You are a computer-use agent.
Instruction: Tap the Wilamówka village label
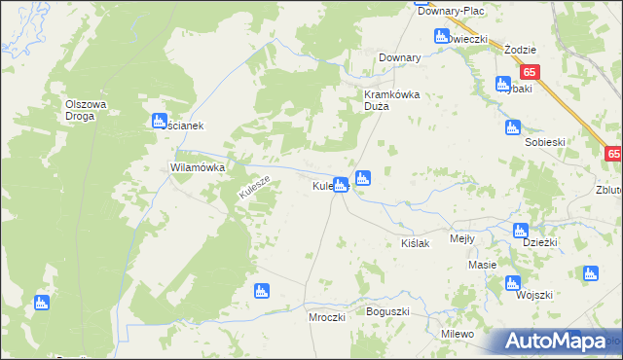pyautogui.click(x=198, y=167)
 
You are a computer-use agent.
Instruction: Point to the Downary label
pyautogui.click(x=399, y=58)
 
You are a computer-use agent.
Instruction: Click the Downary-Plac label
pyautogui.click(x=450, y=11)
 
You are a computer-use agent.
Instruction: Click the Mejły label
pyautogui.click(x=461, y=238)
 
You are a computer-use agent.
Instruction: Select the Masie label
pyautogui.click(x=482, y=265)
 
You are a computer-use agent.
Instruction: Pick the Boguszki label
pyautogui.click(x=387, y=311)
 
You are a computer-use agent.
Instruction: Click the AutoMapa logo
pyautogui.click(x=554, y=342)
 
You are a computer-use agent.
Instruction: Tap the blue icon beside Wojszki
pyautogui.click(x=513, y=283)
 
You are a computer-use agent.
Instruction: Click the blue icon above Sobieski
pyautogui.click(x=513, y=127)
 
